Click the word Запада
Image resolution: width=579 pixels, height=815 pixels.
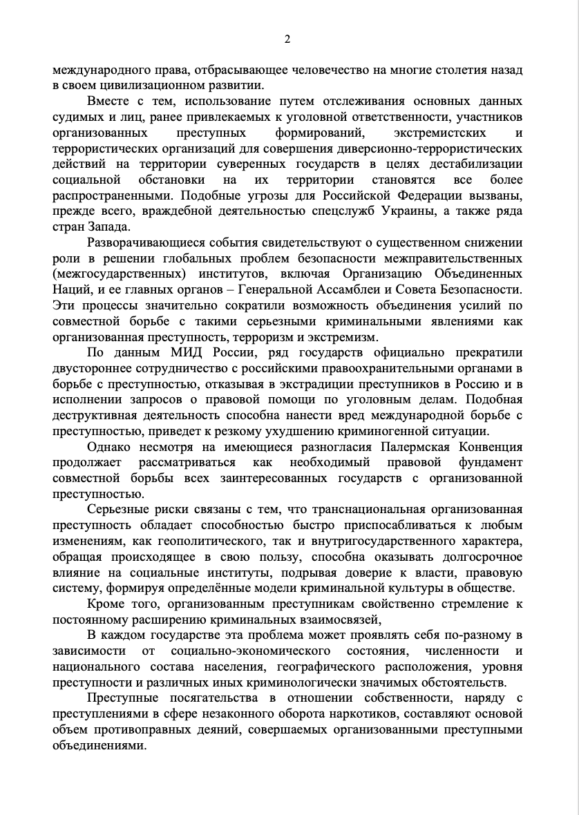(108, 227)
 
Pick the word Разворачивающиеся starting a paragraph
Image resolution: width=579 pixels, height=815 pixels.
(142, 242)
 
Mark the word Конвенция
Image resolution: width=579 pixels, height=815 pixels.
(488, 446)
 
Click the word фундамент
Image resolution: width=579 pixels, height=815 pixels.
(489, 462)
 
